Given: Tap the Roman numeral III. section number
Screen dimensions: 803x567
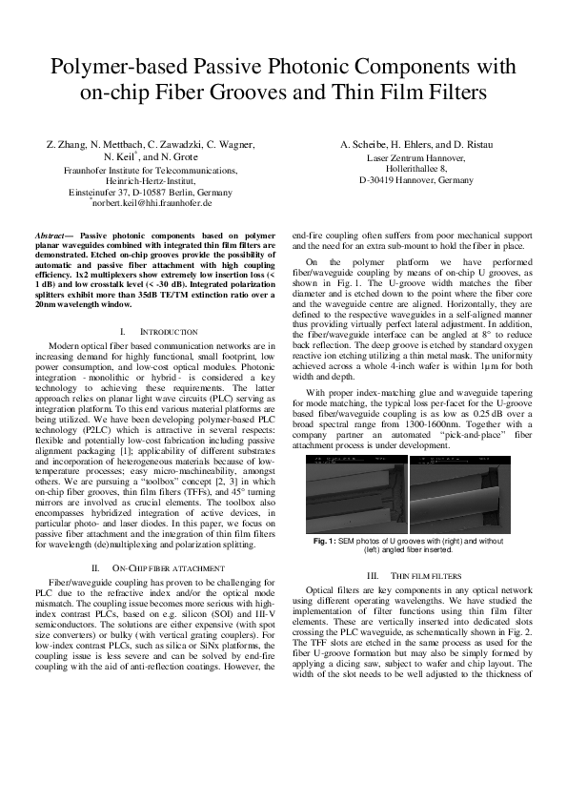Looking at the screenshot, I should (373, 575).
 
